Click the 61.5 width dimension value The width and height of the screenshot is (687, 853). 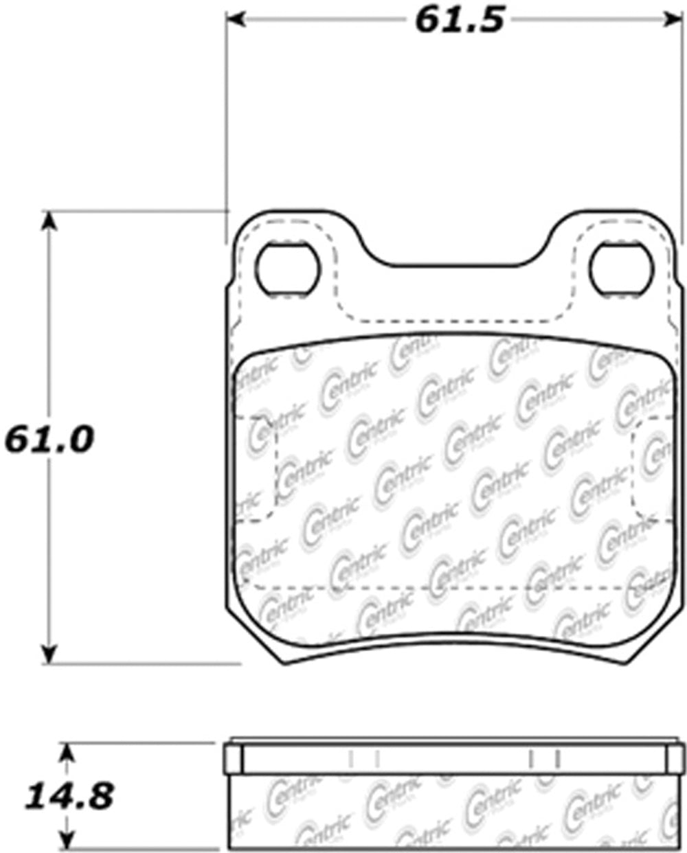click(459, 21)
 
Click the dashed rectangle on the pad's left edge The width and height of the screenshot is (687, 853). click(256, 467)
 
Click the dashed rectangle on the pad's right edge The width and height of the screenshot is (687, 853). click(651, 467)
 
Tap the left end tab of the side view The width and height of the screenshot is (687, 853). click(234, 759)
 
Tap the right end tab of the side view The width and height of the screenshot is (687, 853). click(675, 759)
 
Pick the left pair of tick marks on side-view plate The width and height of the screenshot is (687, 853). click(364, 758)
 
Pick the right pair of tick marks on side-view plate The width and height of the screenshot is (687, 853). click(544, 758)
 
